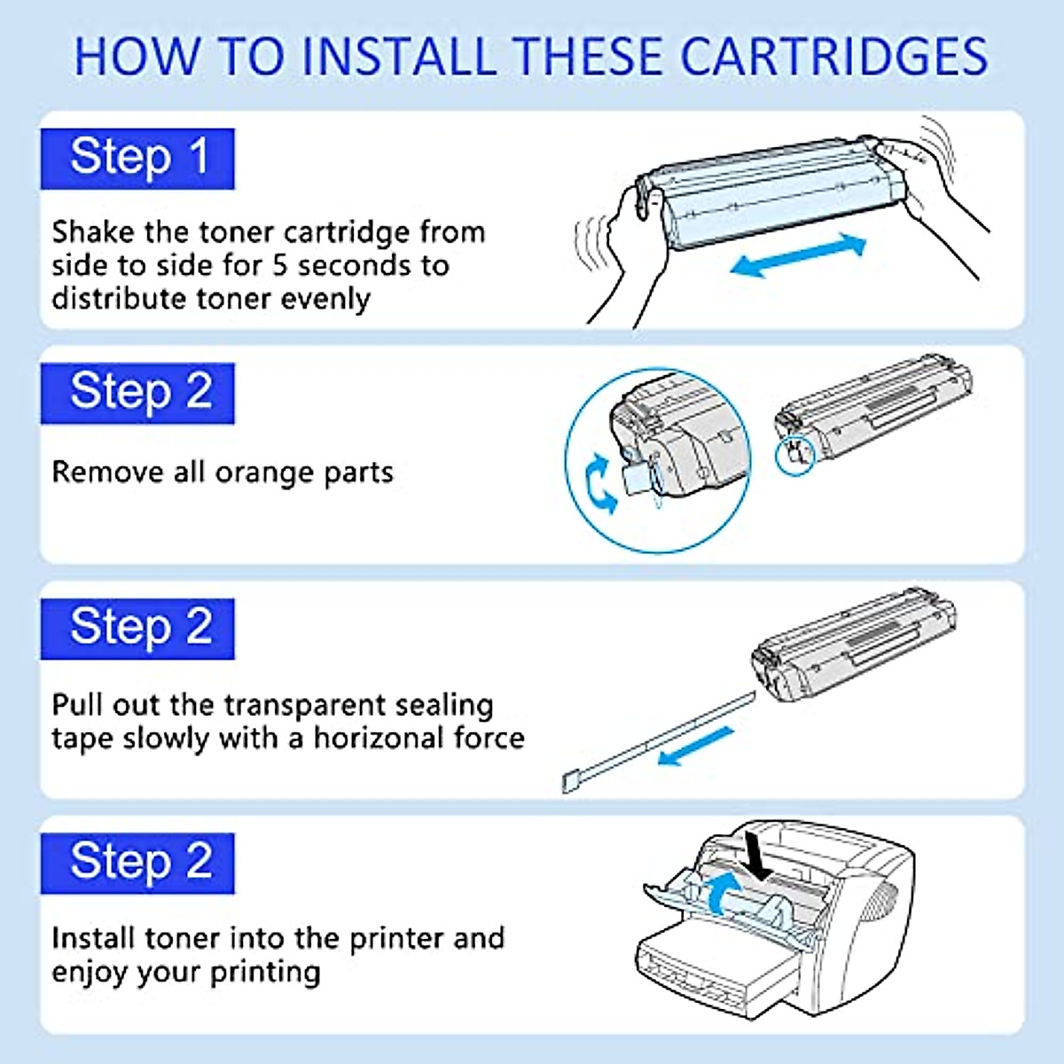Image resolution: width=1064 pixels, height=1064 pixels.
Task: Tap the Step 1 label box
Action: coord(137,159)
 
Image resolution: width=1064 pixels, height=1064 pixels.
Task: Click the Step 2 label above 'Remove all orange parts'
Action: coord(137,393)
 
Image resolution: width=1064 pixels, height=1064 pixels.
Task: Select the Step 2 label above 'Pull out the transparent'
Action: coord(137,629)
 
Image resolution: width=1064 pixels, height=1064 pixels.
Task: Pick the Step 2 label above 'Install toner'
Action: coord(137,863)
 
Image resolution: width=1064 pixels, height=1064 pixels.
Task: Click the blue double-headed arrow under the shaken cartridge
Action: coord(797,255)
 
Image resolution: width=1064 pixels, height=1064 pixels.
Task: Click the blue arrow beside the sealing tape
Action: coord(697,746)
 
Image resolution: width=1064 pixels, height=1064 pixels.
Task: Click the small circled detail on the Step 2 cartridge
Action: coord(795,454)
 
